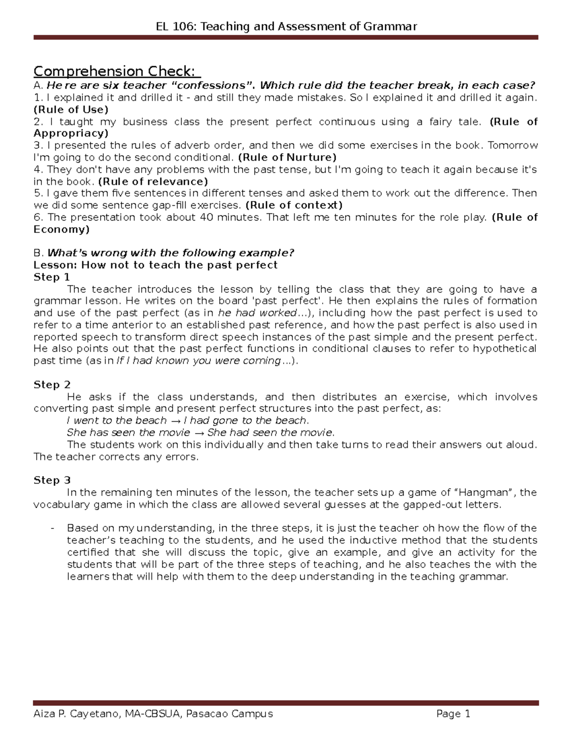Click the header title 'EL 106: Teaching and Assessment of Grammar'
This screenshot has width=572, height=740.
pyautogui.click(x=286, y=26)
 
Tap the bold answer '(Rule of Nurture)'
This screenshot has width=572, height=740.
pyautogui.click(x=287, y=157)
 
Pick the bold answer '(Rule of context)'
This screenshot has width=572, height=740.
pyautogui.click(x=294, y=205)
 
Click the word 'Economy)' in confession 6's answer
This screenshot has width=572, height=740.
pyautogui.click(x=61, y=229)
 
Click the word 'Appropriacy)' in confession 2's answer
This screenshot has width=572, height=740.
pyautogui.click(x=71, y=133)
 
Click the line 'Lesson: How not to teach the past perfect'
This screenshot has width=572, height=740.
pyautogui.click(x=155, y=265)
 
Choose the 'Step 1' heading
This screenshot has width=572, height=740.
pyautogui.click(x=51, y=277)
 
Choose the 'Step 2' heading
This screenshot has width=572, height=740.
pyautogui.click(x=51, y=385)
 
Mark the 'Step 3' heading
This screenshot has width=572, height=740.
pyautogui.click(x=51, y=480)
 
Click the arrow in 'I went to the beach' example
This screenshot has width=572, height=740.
pyautogui.click(x=175, y=421)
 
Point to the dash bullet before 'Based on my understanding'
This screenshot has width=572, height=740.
pyautogui.click(x=52, y=528)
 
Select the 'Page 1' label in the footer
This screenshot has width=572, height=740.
pyautogui.click(x=453, y=713)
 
